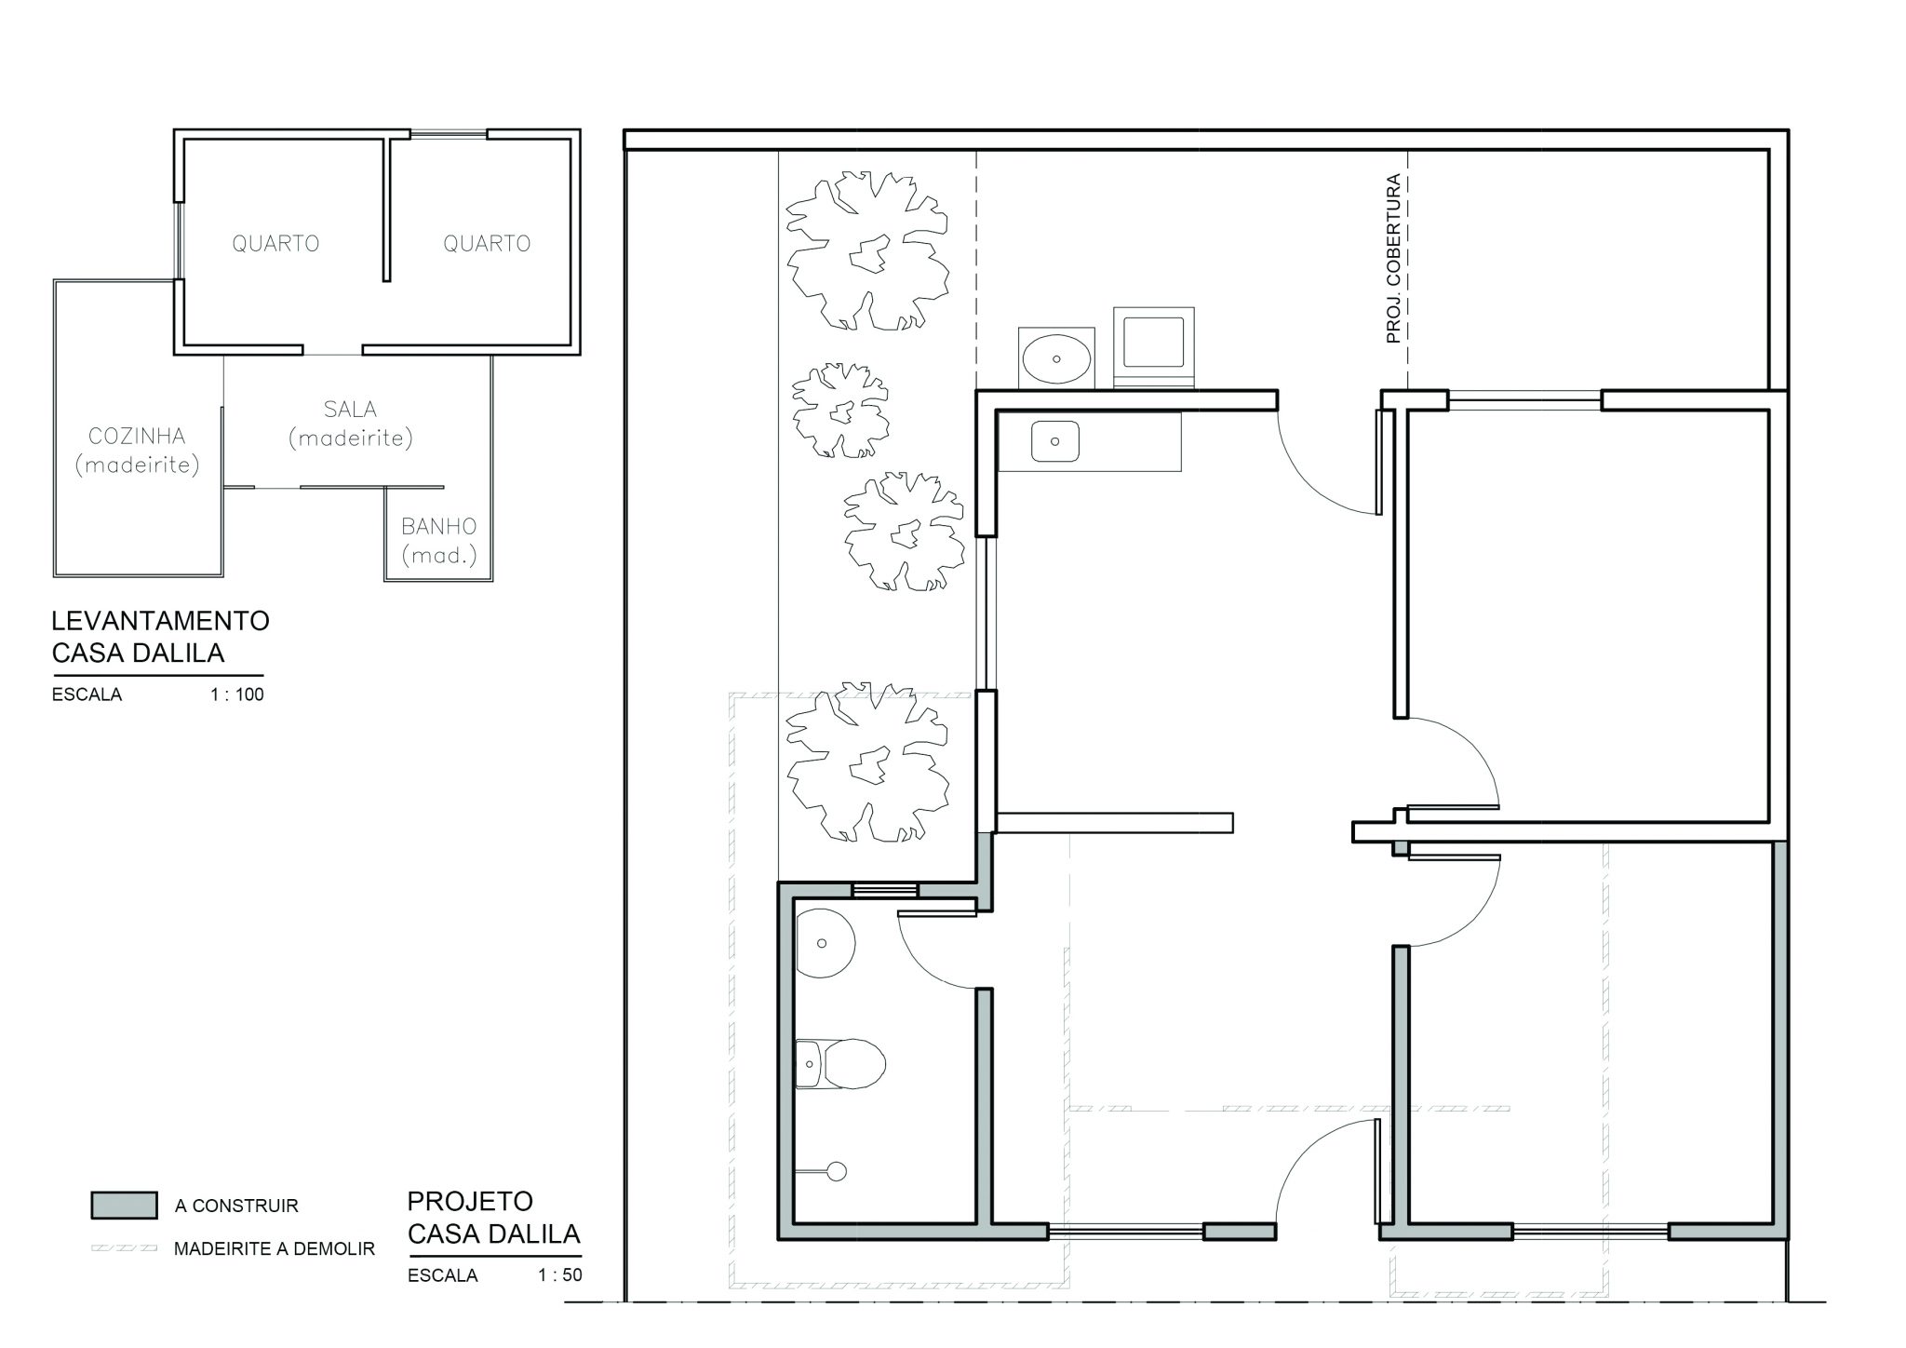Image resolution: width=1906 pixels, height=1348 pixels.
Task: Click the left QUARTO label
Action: [x=275, y=244]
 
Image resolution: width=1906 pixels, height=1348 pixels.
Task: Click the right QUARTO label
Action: [x=487, y=244]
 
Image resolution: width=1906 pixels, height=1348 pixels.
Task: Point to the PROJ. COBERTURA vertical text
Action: [x=1393, y=259]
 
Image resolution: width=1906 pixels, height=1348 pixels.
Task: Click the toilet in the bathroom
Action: [x=839, y=1063]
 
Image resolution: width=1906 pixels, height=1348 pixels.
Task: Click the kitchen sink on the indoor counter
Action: [x=1054, y=441]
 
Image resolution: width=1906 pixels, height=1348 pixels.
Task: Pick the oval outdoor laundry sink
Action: [x=1057, y=357]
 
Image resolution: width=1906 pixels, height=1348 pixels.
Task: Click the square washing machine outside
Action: [x=1154, y=346]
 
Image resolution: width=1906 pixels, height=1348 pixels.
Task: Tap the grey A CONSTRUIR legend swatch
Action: [x=124, y=1205]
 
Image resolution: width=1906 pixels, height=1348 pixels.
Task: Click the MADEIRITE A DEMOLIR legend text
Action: [x=275, y=1249]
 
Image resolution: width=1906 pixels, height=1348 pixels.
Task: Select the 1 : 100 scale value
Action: [x=237, y=694]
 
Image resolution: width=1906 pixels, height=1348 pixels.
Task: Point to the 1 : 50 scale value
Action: [x=560, y=1275]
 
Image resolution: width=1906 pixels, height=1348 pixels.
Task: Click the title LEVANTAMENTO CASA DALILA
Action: [x=160, y=637]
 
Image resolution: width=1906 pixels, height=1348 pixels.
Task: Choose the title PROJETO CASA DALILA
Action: [x=494, y=1218]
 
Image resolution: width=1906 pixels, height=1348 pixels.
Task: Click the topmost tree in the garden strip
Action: [x=867, y=250]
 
